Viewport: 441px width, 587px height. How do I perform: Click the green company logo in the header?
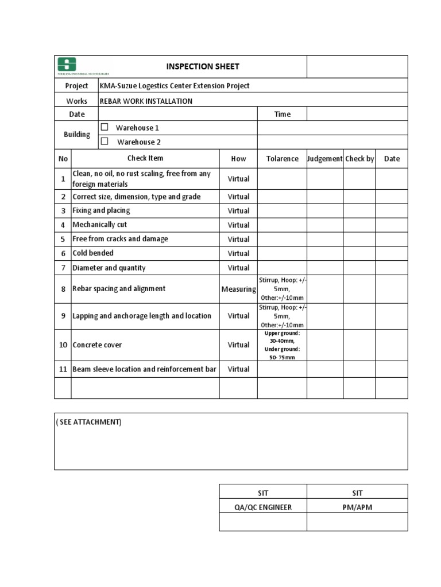coord(67,64)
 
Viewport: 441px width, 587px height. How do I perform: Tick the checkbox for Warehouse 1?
coord(105,127)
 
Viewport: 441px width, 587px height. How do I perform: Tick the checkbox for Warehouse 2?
coord(105,142)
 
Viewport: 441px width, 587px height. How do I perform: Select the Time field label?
coord(282,114)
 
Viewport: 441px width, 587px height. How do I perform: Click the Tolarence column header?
coord(282,159)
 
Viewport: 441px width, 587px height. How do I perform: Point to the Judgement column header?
coord(325,159)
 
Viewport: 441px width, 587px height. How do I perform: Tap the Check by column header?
coord(359,159)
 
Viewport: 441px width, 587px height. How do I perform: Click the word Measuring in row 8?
coord(238,289)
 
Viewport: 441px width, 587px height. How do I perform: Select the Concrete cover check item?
coord(97,345)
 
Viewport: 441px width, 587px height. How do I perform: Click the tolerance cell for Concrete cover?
coord(282,345)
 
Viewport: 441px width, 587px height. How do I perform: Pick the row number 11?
coord(63,369)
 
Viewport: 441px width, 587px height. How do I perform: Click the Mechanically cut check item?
coord(99,225)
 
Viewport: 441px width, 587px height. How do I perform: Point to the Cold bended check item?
coord(93,253)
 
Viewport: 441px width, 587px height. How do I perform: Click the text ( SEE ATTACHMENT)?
coord(88,422)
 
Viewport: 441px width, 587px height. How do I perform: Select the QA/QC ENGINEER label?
coord(263,507)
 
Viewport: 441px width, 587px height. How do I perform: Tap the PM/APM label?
coord(357,507)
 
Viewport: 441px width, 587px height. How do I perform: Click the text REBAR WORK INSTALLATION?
coord(146,101)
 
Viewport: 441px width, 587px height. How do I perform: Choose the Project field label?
coord(76,86)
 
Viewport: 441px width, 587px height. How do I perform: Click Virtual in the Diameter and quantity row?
coord(238,268)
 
